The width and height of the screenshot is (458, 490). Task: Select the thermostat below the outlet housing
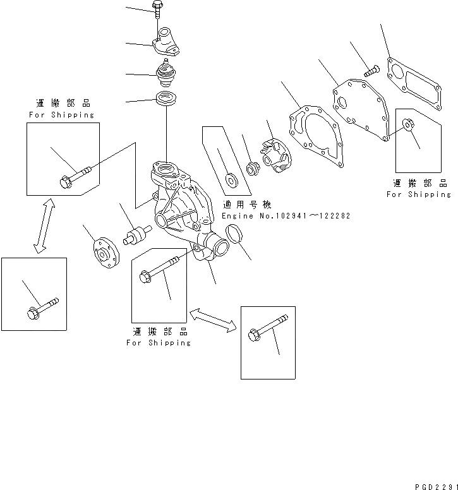[x=165, y=73]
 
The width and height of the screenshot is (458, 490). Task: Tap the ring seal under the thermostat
[x=166, y=99]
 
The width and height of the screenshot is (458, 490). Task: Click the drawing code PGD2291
[x=434, y=484]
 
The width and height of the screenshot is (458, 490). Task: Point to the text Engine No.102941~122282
[x=286, y=216]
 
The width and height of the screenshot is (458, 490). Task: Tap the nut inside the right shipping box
[x=409, y=125]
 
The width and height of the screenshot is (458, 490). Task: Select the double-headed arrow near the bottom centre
[x=213, y=318]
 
